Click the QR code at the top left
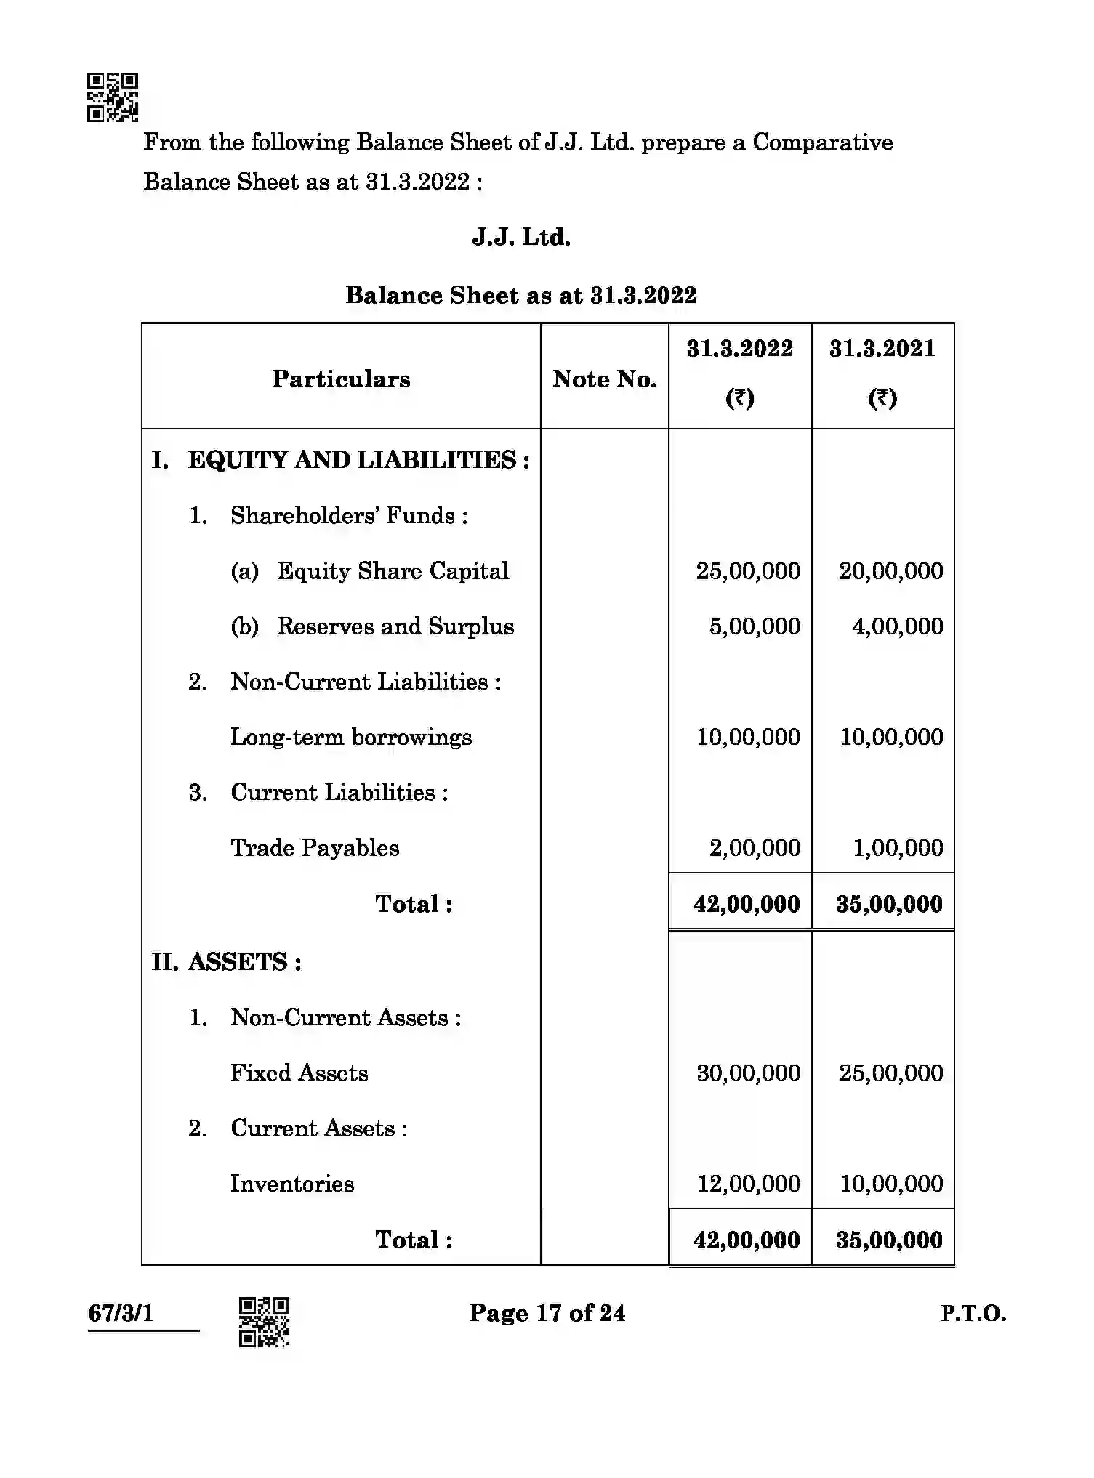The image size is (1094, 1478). click(x=113, y=97)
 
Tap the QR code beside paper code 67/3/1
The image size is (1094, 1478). click(x=264, y=1321)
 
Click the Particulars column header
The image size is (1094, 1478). click(x=341, y=379)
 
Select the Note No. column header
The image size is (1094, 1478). click(x=604, y=379)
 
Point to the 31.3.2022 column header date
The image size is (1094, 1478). click(x=739, y=349)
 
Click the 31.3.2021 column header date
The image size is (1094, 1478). click(x=882, y=349)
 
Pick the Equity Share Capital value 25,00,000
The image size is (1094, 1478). click(x=748, y=571)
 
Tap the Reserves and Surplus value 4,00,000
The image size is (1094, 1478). click(x=897, y=626)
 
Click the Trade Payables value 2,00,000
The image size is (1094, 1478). click(x=755, y=848)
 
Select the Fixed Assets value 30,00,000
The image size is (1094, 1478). click(x=748, y=1073)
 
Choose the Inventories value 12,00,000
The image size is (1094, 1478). click(x=748, y=1184)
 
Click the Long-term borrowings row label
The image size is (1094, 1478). click(x=351, y=737)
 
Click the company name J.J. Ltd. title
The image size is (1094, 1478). click(x=521, y=238)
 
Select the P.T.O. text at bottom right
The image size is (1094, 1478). click(x=973, y=1314)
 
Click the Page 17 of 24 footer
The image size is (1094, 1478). click(x=547, y=1313)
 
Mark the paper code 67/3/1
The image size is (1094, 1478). click(x=121, y=1313)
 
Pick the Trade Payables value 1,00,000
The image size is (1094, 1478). click(x=897, y=848)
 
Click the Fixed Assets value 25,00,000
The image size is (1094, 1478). click(x=890, y=1073)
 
